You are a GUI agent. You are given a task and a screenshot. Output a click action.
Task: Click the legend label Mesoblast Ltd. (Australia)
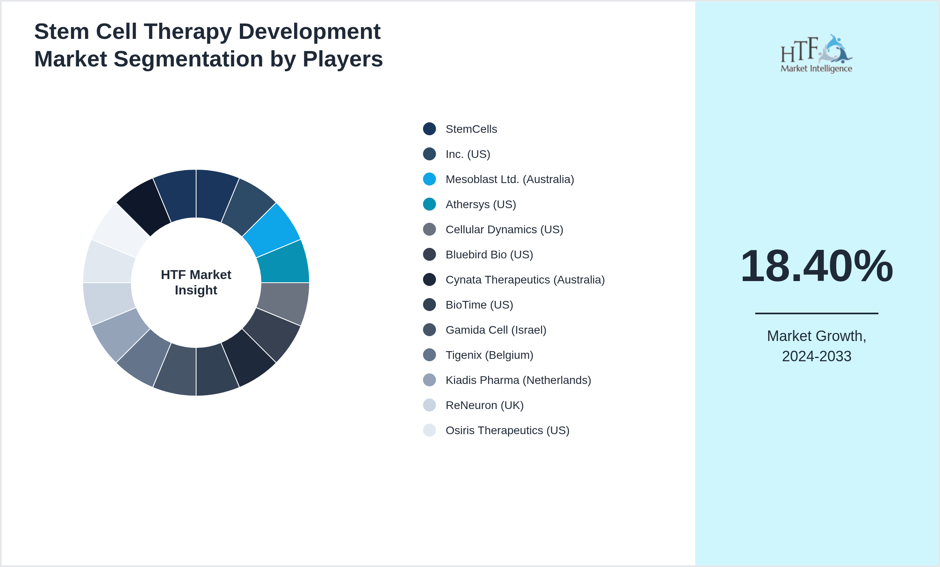click(509, 179)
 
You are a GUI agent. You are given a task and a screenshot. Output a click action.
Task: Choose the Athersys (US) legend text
click(481, 204)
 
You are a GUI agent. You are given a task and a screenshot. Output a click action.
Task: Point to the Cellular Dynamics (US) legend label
click(504, 229)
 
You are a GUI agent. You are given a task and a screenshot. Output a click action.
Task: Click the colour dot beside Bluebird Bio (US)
click(429, 254)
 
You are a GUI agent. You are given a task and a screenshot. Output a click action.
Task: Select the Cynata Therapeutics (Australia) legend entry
click(525, 279)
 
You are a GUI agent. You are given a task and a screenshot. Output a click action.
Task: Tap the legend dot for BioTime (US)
click(429, 305)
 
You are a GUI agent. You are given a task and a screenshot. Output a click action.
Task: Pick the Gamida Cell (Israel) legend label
click(496, 330)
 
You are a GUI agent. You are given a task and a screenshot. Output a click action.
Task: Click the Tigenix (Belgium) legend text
click(489, 355)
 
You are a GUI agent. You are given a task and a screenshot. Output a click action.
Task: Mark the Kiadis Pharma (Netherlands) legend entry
click(518, 380)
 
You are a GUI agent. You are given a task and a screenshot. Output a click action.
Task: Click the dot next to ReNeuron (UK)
click(429, 405)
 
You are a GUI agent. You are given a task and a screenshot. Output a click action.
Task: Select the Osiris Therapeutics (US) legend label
click(507, 430)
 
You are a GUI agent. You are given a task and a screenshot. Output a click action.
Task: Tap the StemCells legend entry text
click(471, 129)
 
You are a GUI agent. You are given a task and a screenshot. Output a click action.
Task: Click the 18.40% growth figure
click(816, 266)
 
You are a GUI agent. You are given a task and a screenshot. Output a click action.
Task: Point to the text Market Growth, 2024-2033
click(816, 346)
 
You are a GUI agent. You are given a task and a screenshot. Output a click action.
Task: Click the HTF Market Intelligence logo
click(816, 54)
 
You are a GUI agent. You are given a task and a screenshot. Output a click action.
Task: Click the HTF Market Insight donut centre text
click(196, 282)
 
